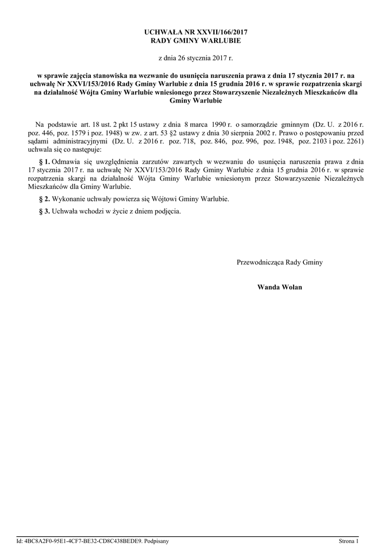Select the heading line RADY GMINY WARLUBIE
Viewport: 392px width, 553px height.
[x=196, y=41]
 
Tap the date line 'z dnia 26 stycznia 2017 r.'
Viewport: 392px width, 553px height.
[x=196, y=57]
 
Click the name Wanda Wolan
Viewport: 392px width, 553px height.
[x=280, y=287]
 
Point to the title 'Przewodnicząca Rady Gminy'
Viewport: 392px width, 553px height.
[x=280, y=262]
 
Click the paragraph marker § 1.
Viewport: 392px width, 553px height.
[x=45, y=161]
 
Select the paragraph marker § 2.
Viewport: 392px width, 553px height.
[x=45, y=199]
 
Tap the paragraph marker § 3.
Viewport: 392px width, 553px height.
[x=45, y=211]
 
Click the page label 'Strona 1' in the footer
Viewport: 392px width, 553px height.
[x=349, y=541]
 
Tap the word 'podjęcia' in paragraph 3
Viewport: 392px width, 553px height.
[x=169, y=211]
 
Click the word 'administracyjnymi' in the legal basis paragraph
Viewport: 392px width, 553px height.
[x=77, y=141]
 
